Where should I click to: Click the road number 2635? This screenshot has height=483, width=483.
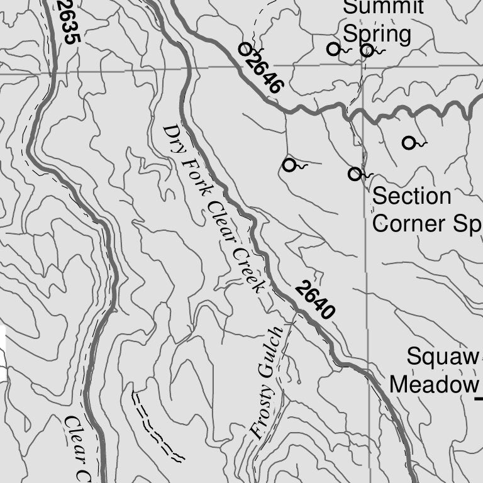(69, 22)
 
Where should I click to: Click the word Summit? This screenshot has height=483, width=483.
(384, 8)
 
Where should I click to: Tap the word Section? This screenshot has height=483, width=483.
(412, 196)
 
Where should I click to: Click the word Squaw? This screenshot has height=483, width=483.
(441, 357)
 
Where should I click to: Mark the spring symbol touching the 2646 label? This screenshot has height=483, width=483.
(245, 48)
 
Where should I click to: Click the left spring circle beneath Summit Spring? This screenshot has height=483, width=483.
(333, 48)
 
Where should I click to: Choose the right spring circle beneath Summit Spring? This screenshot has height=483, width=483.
(367, 50)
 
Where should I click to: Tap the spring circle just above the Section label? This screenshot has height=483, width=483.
(355, 174)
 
